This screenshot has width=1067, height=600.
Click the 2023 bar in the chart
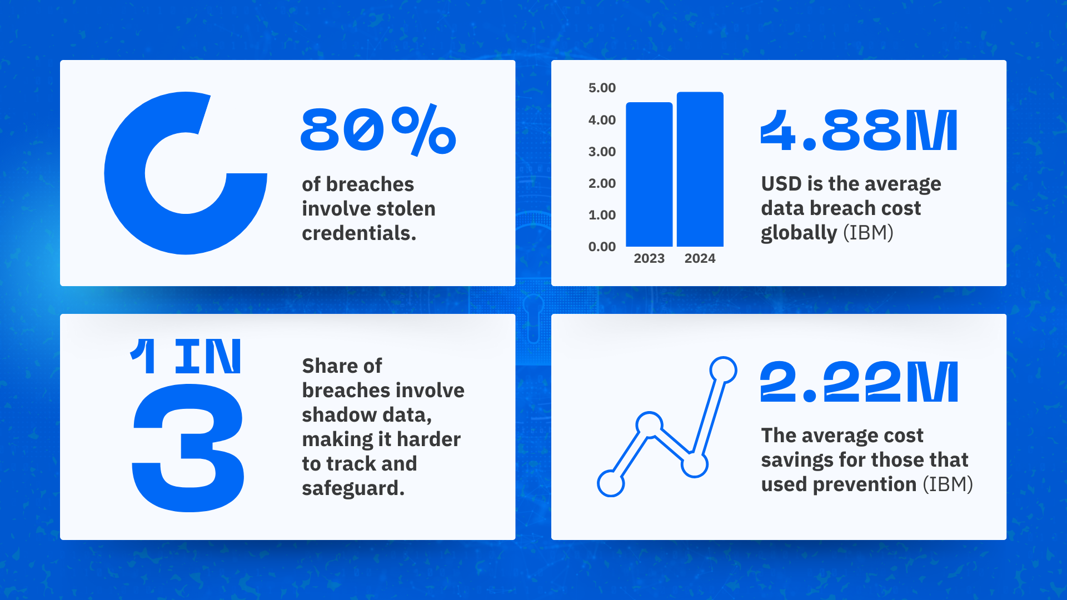click(649, 174)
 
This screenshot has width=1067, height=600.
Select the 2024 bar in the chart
click(700, 169)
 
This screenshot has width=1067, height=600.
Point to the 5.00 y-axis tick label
click(602, 88)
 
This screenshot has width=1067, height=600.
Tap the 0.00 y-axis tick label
click(602, 247)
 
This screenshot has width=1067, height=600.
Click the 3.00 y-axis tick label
click(602, 152)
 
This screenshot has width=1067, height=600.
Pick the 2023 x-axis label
click(649, 258)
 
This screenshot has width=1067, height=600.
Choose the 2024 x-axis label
click(700, 258)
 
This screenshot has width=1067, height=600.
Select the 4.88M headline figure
click(859, 130)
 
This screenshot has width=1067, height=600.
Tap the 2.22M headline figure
click(859, 381)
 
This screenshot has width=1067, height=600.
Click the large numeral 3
click(188, 448)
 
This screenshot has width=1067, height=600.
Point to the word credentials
click(359, 233)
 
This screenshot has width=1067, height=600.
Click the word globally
click(799, 233)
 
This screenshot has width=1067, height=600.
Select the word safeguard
click(353, 488)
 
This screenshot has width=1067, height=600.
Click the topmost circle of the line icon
click(723, 370)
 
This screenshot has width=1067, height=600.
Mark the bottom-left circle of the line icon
click(611, 483)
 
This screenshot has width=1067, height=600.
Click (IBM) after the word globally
click(868, 233)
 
